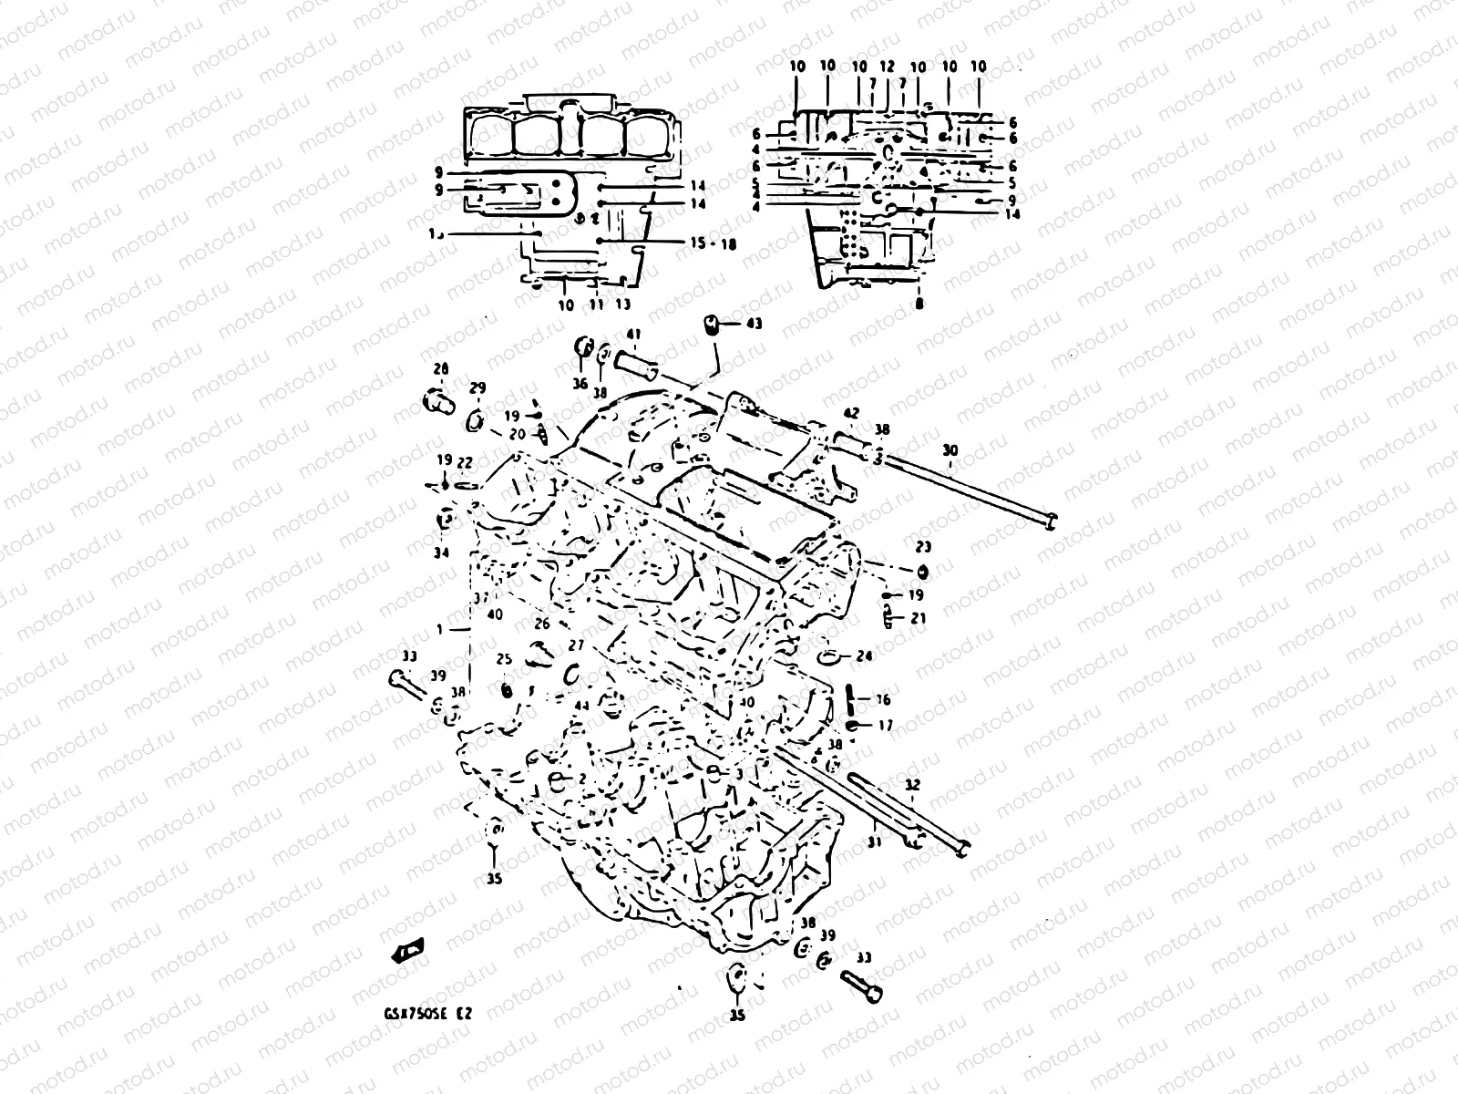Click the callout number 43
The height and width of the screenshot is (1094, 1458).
tap(754, 324)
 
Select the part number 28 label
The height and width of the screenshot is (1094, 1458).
tap(441, 369)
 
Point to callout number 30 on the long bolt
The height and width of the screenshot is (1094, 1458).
tap(950, 449)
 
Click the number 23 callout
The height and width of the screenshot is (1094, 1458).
tap(923, 548)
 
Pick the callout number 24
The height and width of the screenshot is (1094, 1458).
tap(864, 655)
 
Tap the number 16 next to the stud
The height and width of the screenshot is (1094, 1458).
tap(883, 700)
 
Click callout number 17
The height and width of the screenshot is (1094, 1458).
tap(885, 726)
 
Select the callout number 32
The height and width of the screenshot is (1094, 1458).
tap(912, 784)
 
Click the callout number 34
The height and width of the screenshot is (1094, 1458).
tap(442, 553)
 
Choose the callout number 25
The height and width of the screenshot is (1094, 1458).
tap(504, 659)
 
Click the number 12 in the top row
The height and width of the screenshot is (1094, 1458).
tap(888, 67)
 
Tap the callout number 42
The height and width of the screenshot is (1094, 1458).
tap(850, 413)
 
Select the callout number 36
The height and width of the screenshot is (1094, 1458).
tap(580, 384)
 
